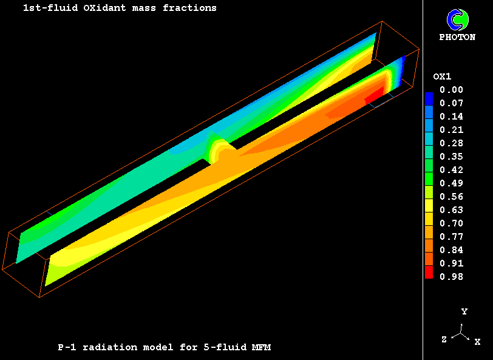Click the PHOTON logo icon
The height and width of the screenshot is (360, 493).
click(457, 20)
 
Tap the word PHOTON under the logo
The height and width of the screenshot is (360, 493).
click(457, 37)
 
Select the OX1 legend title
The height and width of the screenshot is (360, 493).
click(442, 76)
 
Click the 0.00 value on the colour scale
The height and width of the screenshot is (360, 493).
click(451, 90)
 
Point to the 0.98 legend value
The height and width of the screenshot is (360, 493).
click(451, 276)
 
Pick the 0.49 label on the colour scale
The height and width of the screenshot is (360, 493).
click(451, 183)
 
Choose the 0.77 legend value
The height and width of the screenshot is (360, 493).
click(451, 236)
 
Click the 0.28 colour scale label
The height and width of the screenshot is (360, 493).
click(451, 143)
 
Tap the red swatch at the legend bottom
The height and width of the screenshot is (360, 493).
click(429, 273)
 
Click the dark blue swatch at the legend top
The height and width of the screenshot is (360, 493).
click(429, 99)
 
